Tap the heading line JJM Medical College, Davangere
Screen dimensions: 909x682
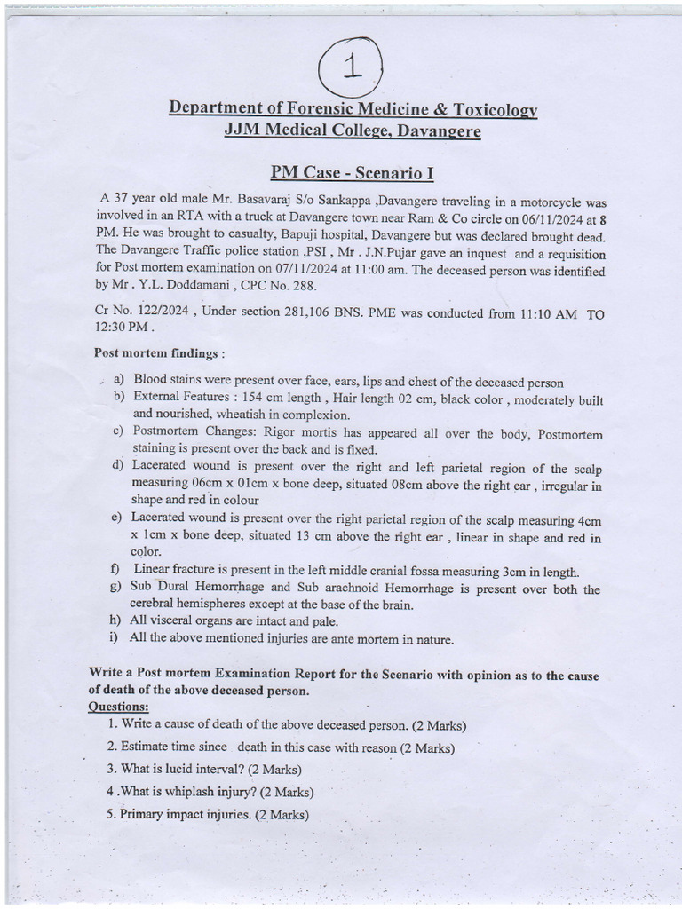coord(353,131)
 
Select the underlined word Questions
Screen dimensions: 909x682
coord(118,706)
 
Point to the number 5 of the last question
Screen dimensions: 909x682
coord(111,814)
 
